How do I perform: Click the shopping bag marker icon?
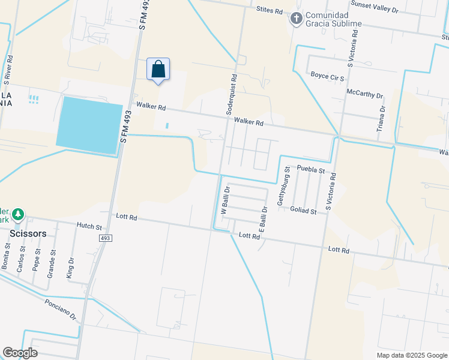tap(158, 69)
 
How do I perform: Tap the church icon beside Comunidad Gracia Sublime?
tap(295, 19)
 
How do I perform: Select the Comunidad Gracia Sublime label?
tap(334, 19)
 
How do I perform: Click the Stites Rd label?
tap(269, 10)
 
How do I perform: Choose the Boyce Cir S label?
tap(327, 76)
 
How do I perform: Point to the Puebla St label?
tap(312, 170)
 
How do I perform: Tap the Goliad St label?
tap(303, 211)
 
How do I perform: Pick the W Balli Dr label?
tap(226, 200)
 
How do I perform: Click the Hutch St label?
tap(89, 226)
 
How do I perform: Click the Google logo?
tap(20, 352)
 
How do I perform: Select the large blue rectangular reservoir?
tap(89, 125)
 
